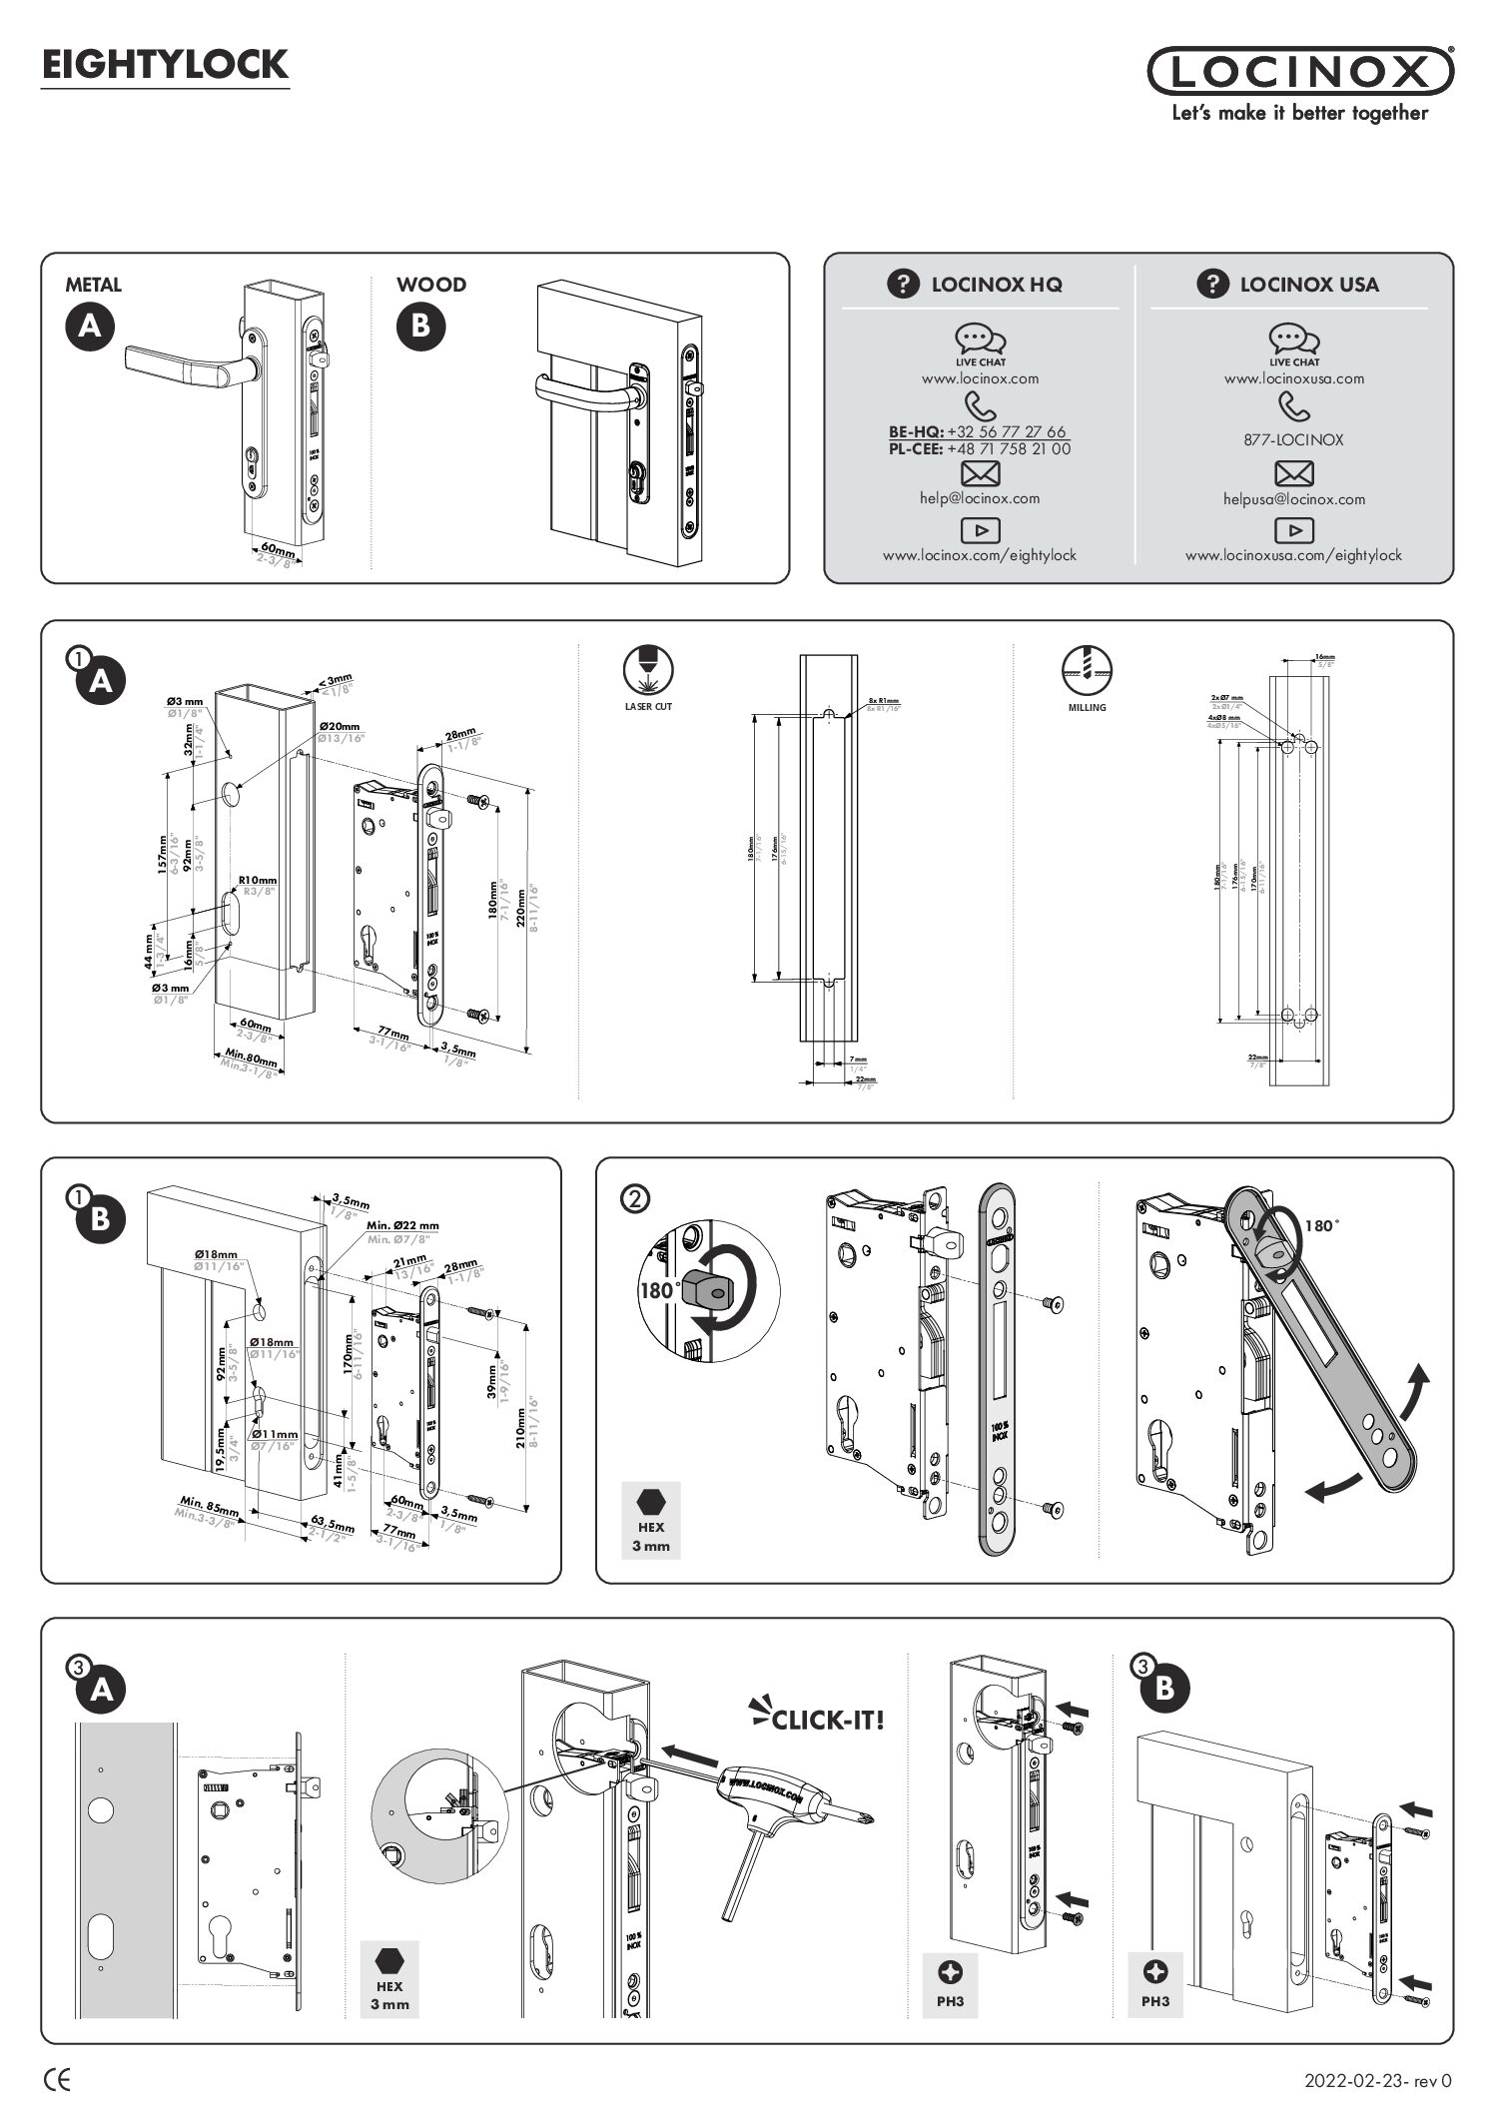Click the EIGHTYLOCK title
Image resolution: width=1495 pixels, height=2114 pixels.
(x=165, y=66)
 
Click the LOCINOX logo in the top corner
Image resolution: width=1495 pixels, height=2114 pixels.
(x=1300, y=72)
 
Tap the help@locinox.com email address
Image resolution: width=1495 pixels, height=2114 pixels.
(x=979, y=498)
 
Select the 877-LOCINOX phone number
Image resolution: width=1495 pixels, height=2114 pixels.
(x=1293, y=439)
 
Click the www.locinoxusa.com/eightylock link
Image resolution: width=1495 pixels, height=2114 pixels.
(x=1293, y=555)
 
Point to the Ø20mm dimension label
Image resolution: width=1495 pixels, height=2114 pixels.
(x=340, y=727)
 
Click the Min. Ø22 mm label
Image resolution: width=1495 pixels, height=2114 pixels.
(x=402, y=1225)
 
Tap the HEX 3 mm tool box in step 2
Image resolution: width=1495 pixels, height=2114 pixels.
(x=650, y=1520)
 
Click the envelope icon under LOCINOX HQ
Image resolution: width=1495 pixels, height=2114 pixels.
(x=979, y=473)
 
